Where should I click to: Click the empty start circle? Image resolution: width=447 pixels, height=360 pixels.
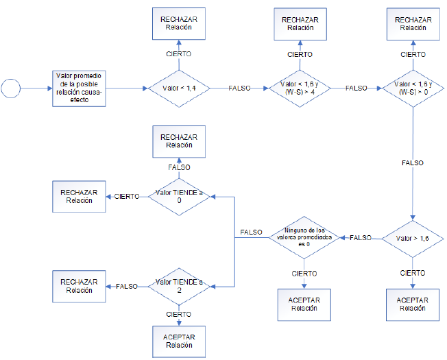(x=11, y=88)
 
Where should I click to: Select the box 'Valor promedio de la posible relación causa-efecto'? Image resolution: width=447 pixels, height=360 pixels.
(x=80, y=88)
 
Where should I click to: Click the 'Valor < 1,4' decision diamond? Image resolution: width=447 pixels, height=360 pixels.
(x=179, y=88)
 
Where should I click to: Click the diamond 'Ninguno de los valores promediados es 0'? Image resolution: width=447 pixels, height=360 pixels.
(x=304, y=237)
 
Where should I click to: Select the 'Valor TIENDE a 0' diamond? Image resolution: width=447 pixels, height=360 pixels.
(x=179, y=196)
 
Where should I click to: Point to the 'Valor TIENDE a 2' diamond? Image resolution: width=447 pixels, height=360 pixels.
(x=179, y=286)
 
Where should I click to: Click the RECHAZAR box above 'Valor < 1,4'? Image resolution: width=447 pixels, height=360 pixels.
(x=179, y=25)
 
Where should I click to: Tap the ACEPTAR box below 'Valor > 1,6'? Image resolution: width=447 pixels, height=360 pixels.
(x=412, y=304)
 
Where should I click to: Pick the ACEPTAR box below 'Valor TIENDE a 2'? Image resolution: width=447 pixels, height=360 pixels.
(x=179, y=341)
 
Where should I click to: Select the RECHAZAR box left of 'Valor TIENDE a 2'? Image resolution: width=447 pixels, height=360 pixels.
(x=80, y=286)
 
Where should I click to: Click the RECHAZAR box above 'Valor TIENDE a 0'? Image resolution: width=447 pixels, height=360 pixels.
(x=179, y=141)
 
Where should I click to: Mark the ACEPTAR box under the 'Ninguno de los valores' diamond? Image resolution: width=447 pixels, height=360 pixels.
(x=304, y=304)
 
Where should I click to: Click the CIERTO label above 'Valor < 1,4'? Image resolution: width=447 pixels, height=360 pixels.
(x=179, y=53)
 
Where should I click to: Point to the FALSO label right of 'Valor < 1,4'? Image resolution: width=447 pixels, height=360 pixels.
(x=240, y=88)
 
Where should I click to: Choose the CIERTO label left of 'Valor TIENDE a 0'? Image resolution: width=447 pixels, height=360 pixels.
(x=127, y=196)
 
